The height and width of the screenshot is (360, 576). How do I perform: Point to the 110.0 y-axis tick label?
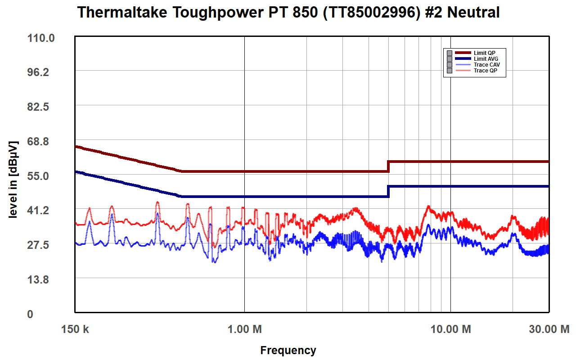pyautogui.click(x=41, y=38)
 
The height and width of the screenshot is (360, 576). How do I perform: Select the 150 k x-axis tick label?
pyautogui.click(x=75, y=329)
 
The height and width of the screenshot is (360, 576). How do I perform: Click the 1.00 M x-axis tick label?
pyautogui.click(x=244, y=329)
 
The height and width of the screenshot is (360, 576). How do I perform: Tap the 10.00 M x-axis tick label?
pyautogui.click(x=450, y=329)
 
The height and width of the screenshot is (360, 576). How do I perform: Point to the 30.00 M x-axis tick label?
pyautogui.click(x=549, y=329)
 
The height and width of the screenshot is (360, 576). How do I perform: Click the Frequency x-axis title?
pyautogui.click(x=288, y=351)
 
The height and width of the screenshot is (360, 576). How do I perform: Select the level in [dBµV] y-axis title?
pyautogui.click(x=13, y=180)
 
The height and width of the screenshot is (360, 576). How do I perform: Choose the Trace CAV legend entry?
pyautogui.click(x=486, y=65)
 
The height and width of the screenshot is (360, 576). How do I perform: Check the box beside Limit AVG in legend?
pyautogui.click(x=449, y=59)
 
